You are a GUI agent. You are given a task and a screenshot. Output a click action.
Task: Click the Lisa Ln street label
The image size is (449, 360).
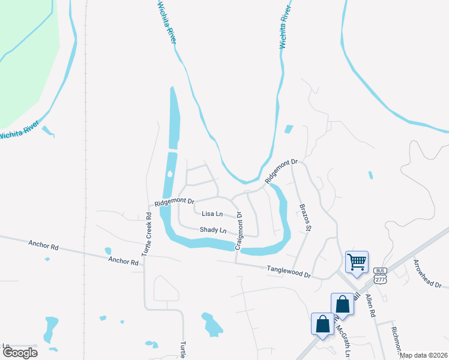[212, 214]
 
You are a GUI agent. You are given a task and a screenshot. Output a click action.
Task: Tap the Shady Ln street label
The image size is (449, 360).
[214, 230]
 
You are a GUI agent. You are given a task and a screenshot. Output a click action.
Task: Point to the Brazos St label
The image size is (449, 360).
[306, 217]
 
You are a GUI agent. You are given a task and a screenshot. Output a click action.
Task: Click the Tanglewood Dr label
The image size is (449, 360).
[290, 272]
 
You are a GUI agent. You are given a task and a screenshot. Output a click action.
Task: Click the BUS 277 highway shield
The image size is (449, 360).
[379, 274]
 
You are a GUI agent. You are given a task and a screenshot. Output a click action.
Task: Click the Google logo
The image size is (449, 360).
[20, 353]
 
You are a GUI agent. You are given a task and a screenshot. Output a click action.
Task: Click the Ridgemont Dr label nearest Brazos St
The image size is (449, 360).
[282, 172]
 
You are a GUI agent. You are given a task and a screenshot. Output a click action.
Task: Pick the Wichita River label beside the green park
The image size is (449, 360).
[20, 131]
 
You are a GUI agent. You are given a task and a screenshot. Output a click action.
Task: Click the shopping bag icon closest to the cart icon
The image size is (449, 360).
[342, 304]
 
